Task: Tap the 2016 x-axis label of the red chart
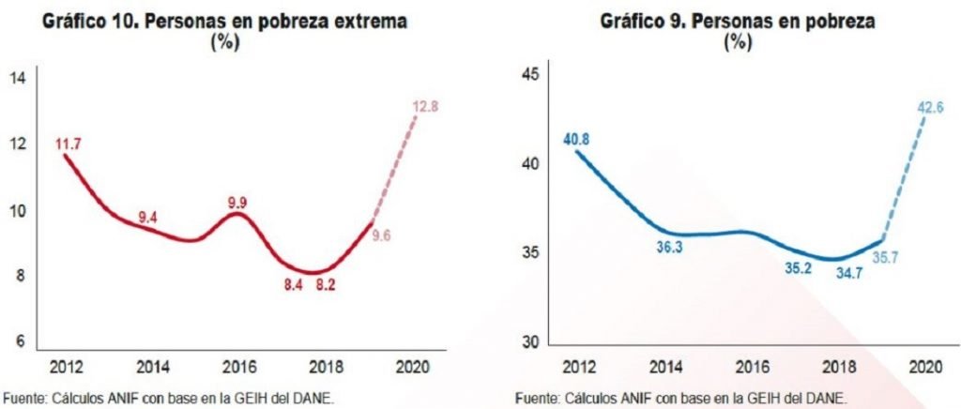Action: pyautogui.click(x=238, y=365)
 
